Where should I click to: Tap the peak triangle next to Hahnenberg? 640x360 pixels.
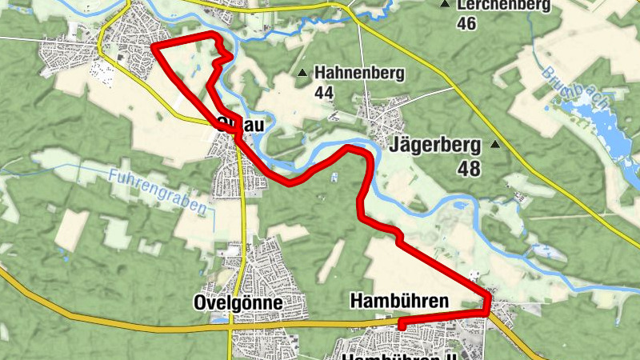coord(302,74)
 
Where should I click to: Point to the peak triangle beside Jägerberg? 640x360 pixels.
coord(495,145)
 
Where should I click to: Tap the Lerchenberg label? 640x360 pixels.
coord(504,6)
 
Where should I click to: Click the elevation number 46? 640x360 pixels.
coord(466,24)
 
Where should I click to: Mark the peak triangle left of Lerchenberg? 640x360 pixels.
coord(445,5)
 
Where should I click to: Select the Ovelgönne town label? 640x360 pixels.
coord(238,303)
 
